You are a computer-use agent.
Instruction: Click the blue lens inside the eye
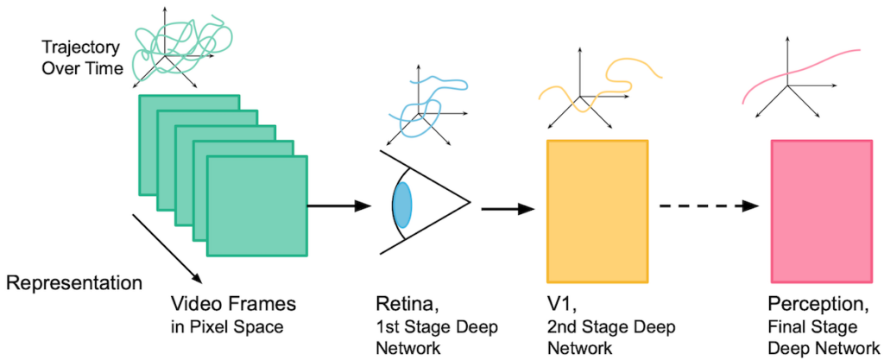[x=402, y=205]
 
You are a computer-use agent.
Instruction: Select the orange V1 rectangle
[x=597, y=210]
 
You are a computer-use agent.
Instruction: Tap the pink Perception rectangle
[x=820, y=212]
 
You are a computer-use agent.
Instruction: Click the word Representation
[x=73, y=282]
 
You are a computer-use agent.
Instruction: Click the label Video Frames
[x=234, y=304]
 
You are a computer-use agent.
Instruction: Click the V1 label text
[x=559, y=304]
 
